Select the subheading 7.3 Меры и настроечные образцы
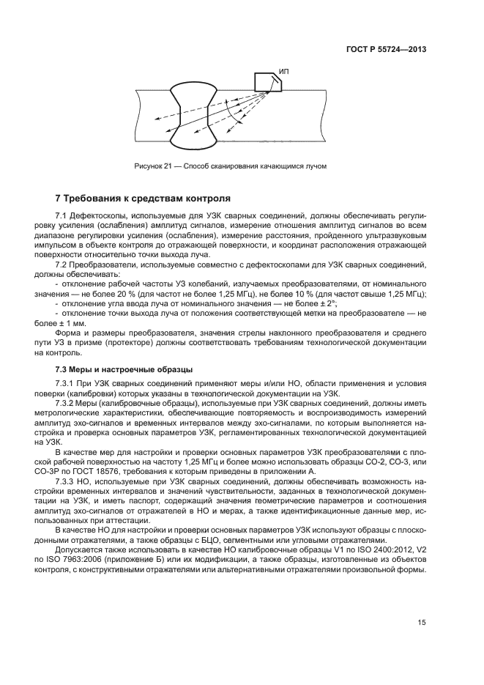point(124,369)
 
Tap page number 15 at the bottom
point(422,623)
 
